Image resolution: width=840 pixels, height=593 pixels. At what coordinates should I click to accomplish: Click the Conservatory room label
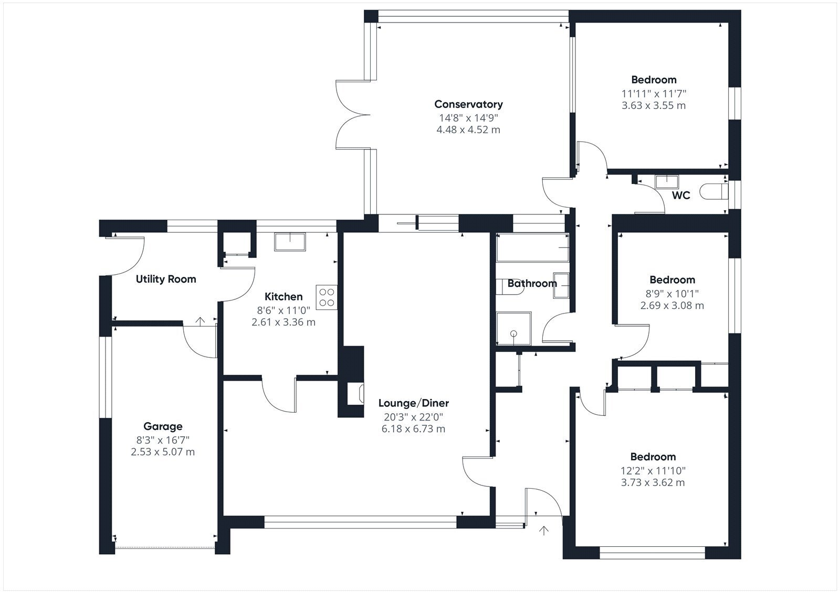coord(468,104)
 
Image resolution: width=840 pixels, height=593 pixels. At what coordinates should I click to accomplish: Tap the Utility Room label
coord(166,279)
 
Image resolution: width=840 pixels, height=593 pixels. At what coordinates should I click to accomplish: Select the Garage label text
coord(163,426)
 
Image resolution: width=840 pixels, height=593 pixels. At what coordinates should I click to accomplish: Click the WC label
coord(681,195)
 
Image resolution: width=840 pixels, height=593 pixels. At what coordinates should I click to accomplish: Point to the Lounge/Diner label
coord(414,403)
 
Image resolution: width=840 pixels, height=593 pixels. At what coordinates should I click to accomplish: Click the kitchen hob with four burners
coord(326,297)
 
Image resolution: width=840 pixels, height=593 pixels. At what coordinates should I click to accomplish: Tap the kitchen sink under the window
coord(289,242)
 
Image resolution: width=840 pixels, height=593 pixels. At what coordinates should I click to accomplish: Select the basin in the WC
coord(666,182)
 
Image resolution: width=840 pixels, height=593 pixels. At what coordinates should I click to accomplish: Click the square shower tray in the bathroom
coord(514,329)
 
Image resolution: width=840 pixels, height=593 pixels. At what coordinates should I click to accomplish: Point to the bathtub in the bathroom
coord(532,247)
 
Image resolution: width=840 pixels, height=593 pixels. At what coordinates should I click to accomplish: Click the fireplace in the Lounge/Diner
coord(355,394)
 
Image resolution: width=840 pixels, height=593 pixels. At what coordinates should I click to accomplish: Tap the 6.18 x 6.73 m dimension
coord(414,428)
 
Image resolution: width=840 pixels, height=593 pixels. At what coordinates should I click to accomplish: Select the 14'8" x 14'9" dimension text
coord(468,118)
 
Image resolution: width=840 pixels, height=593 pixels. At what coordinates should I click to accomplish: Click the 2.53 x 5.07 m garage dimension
coord(163,452)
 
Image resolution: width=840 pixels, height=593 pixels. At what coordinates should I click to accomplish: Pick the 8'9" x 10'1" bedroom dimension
coord(672,294)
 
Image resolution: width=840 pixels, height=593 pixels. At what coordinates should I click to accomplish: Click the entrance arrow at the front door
coord(544,531)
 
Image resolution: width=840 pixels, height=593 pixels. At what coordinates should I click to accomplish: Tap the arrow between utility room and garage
coord(200,321)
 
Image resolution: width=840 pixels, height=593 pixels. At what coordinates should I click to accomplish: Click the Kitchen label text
coord(283,297)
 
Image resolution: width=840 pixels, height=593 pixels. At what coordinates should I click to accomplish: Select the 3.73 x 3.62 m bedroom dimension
coord(653,482)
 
